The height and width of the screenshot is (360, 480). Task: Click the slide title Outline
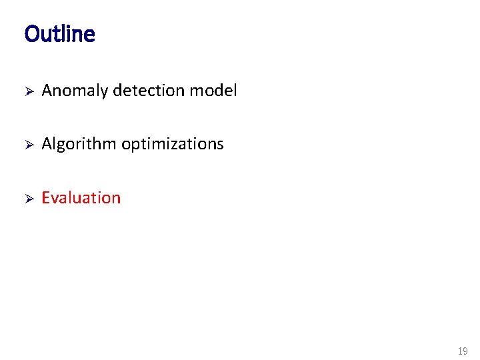(59, 34)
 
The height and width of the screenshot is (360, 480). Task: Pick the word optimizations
(173, 145)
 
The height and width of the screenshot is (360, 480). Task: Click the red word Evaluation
(81, 198)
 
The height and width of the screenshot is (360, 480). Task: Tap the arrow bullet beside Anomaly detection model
(28, 91)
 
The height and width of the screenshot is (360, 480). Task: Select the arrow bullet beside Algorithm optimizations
(28, 145)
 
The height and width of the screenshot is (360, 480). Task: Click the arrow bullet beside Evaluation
(28, 198)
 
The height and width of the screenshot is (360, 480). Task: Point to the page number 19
(463, 351)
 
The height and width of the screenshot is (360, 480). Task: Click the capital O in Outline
(31, 34)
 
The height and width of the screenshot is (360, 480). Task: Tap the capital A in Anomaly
(47, 91)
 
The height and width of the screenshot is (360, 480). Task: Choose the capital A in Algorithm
(47, 144)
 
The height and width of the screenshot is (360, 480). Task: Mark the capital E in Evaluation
(46, 198)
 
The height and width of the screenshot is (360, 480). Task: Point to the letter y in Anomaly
(104, 93)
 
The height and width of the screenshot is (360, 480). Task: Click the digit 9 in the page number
(465, 351)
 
